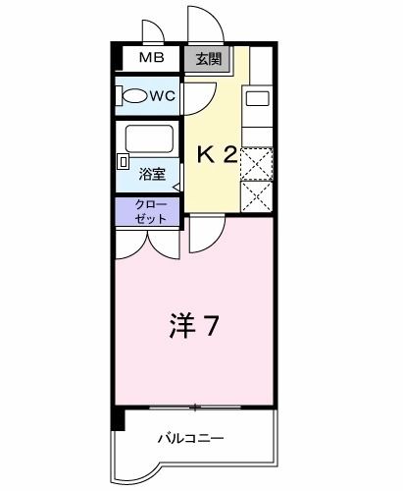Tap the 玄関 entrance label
click(208, 58)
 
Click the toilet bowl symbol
click(134, 95)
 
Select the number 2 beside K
click(230, 154)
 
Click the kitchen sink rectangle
click(257, 98)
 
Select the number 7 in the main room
click(211, 324)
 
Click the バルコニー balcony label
click(191, 439)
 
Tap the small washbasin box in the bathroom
click(124, 160)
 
